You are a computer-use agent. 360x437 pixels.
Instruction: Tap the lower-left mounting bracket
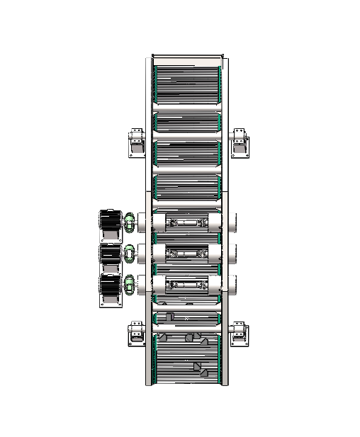(x=136, y=334)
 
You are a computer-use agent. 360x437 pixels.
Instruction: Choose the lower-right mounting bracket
(x=240, y=334)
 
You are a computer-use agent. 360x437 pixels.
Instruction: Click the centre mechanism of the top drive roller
(x=186, y=222)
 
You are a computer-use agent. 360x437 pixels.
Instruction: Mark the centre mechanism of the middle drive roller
(x=186, y=253)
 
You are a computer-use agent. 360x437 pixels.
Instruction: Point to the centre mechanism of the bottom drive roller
(x=186, y=284)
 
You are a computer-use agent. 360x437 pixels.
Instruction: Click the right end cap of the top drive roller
(x=230, y=222)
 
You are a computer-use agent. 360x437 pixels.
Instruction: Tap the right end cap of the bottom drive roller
(x=230, y=284)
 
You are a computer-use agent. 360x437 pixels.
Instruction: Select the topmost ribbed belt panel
(x=187, y=84)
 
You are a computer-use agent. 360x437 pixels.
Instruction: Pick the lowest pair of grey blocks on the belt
(x=200, y=369)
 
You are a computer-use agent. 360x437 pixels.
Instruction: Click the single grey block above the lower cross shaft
(x=169, y=316)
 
